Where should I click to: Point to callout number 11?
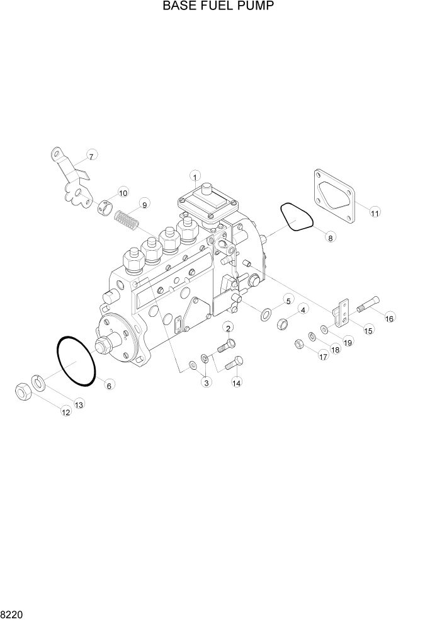374,212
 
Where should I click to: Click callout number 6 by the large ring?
109,385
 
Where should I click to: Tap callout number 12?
65,411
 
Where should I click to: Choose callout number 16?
389,318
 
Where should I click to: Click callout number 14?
237,382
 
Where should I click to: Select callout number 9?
144,204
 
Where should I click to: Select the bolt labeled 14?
234,364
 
